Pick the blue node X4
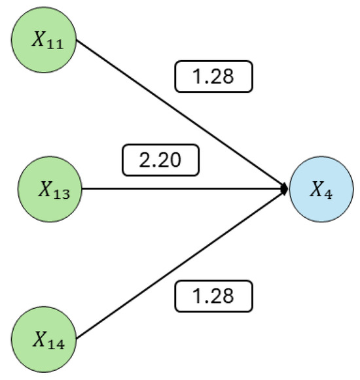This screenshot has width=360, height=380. [321, 190]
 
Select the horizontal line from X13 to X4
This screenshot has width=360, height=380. [183, 189]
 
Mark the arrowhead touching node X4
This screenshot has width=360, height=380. [285, 189]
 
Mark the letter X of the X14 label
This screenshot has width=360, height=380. [39, 338]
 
